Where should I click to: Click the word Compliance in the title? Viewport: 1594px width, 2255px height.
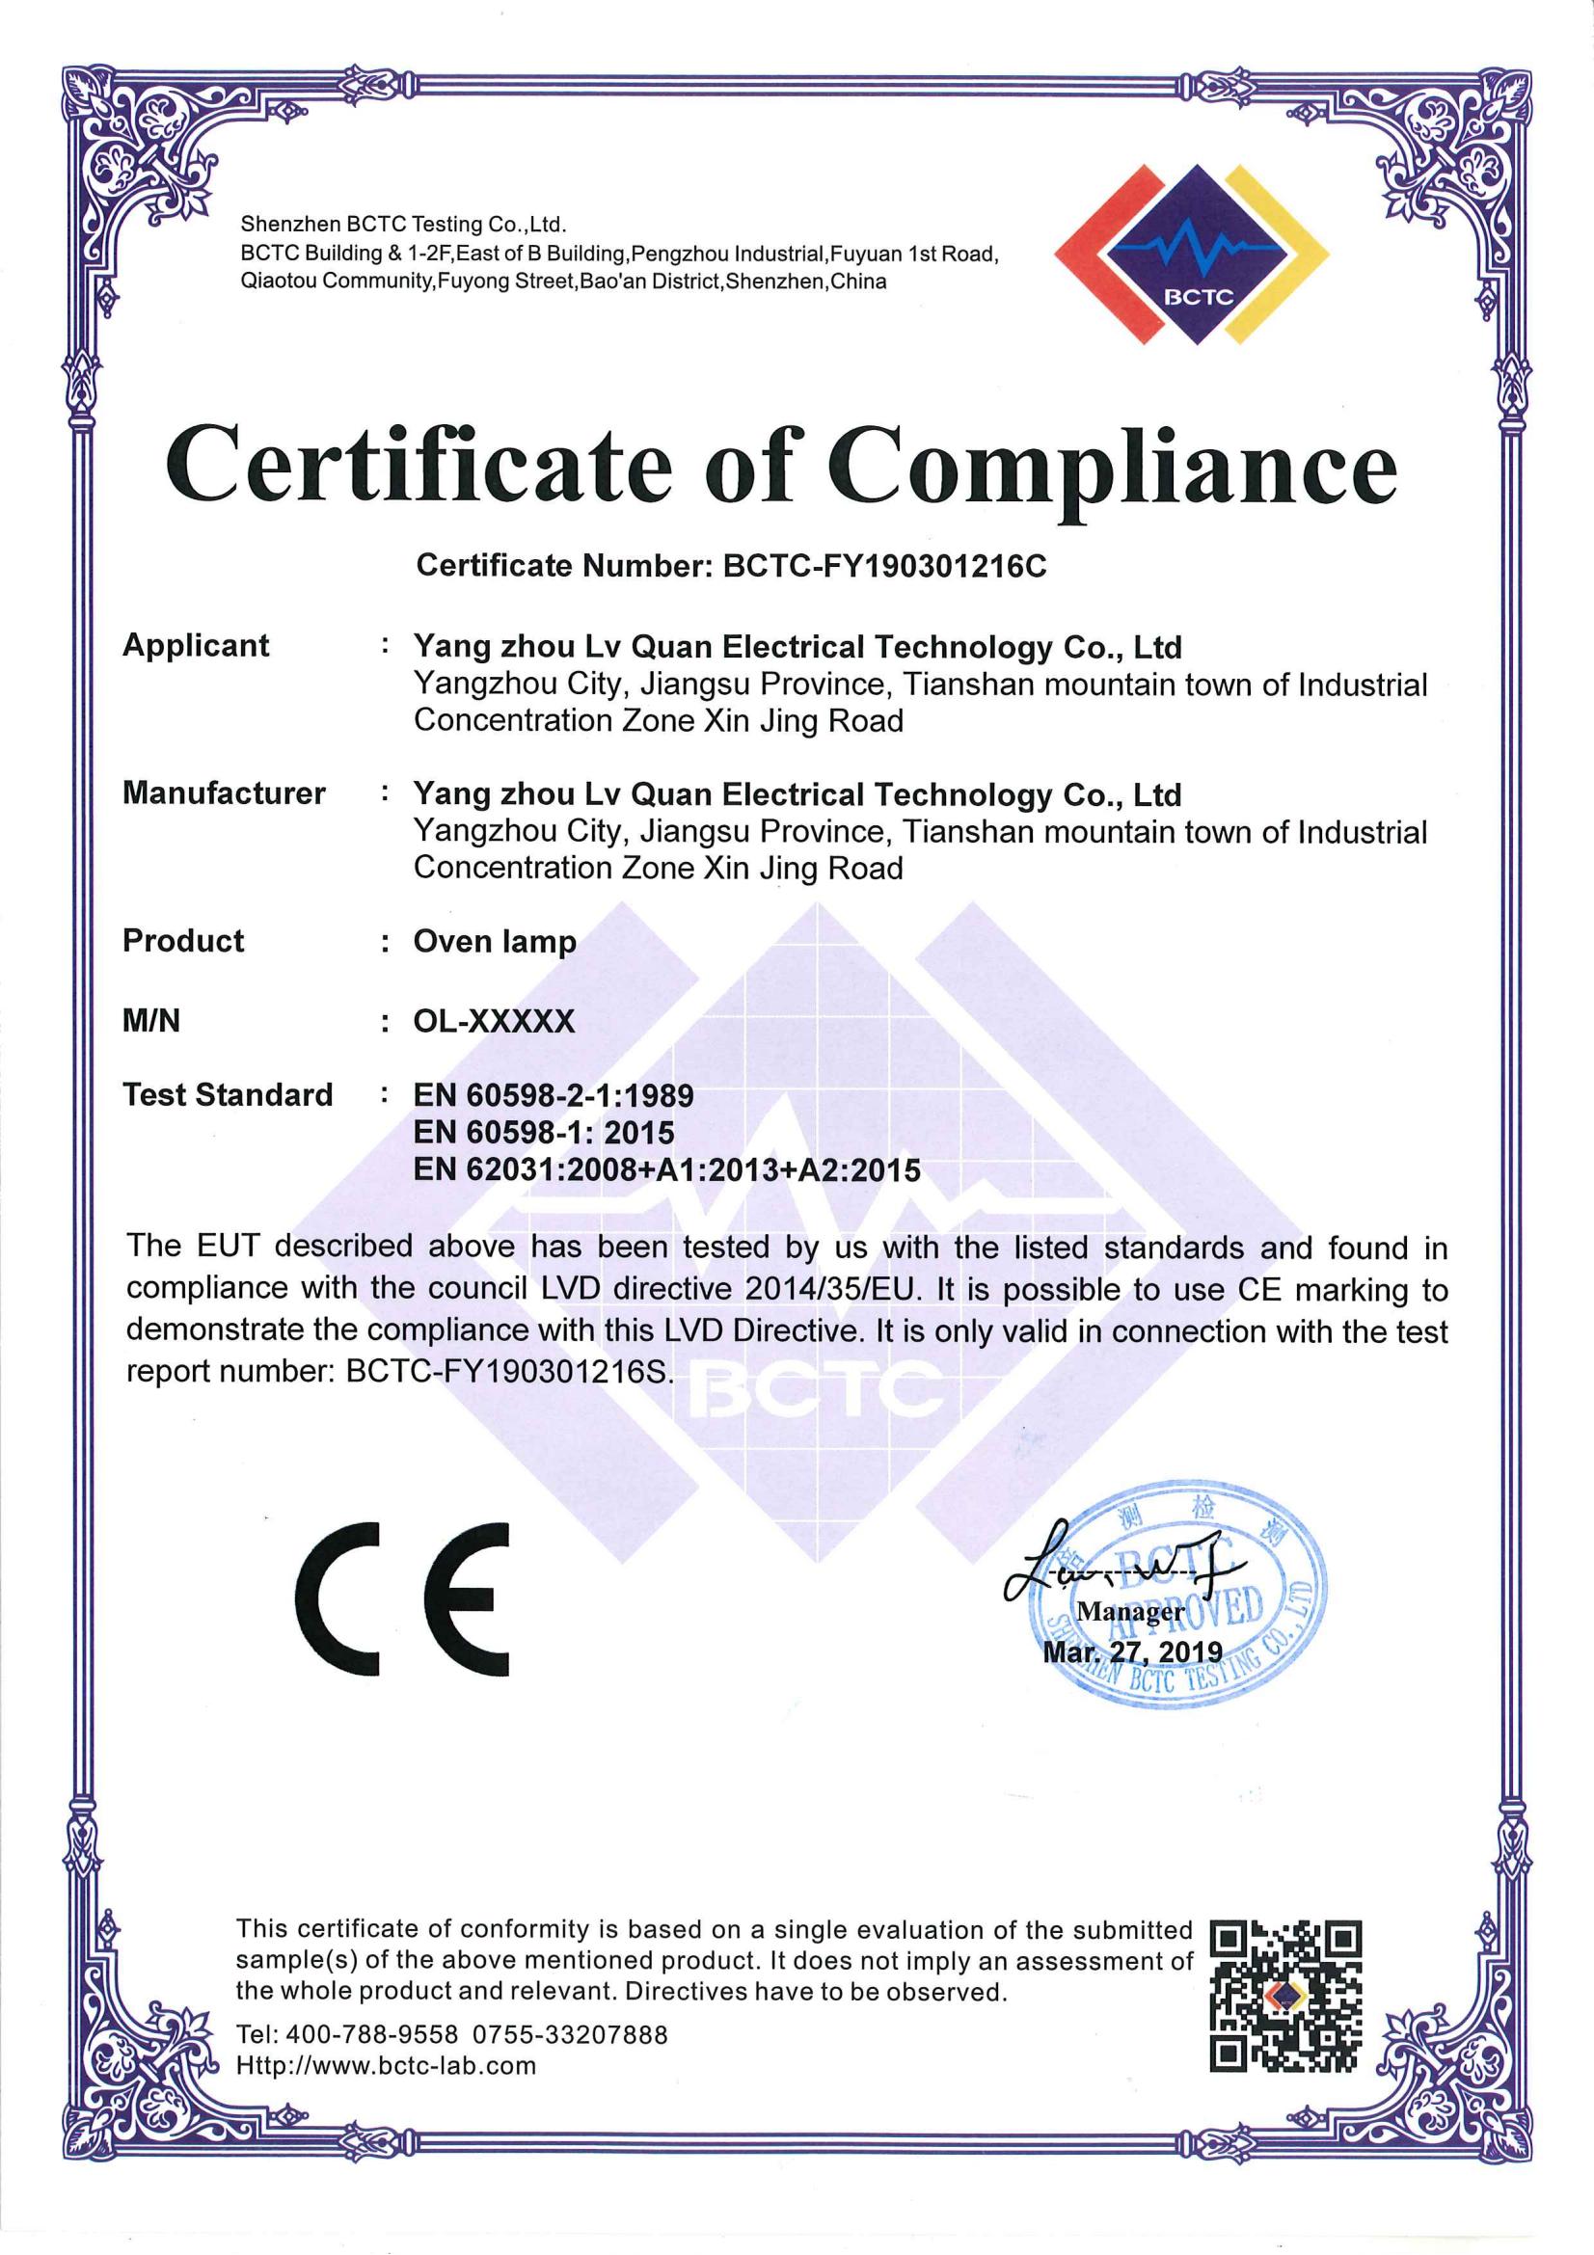click(1111, 468)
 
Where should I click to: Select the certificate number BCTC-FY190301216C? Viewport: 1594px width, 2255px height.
click(884, 566)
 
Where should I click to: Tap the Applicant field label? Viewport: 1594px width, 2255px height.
click(196, 645)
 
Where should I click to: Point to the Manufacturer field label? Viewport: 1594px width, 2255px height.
click(224, 792)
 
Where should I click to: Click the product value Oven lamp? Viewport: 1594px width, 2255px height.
click(494, 941)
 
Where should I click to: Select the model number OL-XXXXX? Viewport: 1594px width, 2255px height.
click(493, 1021)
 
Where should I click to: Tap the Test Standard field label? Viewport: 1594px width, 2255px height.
click(228, 1094)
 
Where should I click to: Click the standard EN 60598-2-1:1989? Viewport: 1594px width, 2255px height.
click(553, 1095)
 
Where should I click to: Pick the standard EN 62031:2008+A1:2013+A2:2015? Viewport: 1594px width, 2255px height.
click(667, 1169)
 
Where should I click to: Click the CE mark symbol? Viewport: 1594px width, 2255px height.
click(403, 1598)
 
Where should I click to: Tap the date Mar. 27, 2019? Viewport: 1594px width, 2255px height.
click(1131, 1652)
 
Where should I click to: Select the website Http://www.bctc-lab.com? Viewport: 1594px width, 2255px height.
click(386, 2065)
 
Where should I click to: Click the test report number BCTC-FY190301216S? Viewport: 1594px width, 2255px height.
click(507, 1371)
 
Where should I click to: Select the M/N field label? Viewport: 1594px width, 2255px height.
click(151, 1021)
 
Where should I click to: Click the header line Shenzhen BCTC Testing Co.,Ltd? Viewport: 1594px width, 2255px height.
click(404, 225)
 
